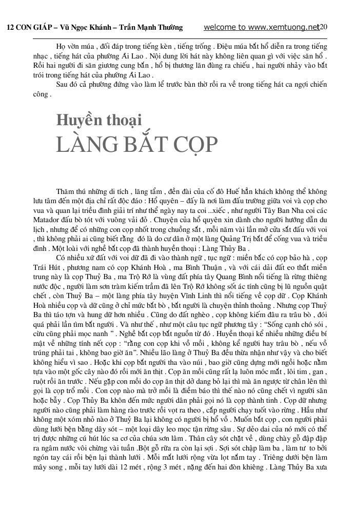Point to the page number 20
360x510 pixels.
tap(324, 27)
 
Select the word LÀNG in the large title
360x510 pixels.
tap(85, 145)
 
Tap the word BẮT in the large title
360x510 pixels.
tap(144, 145)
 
